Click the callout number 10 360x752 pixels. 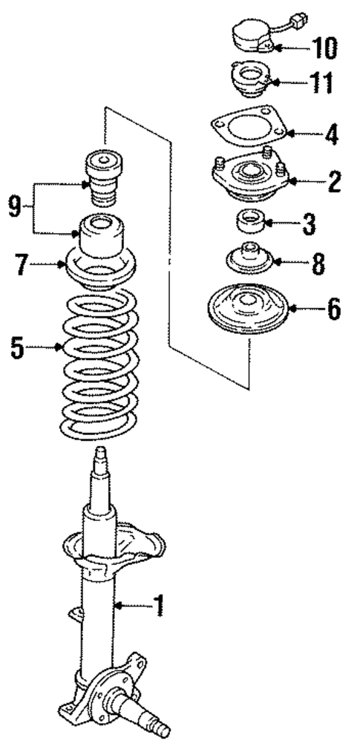[325, 48]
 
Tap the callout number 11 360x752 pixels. [322, 83]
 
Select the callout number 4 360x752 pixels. [332, 135]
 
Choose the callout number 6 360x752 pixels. [333, 308]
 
